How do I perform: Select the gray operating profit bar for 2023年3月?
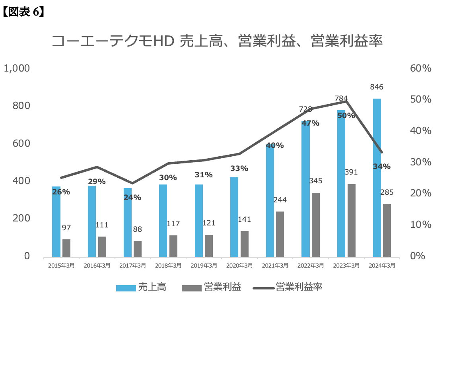pyautogui.click(x=351, y=221)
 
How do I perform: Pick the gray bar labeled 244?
pyautogui.click(x=280, y=234)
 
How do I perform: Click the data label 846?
pyautogui.click(x=376, y=87)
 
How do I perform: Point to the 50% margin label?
pyautogui.click(x=346, y=116)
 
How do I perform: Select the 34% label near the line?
pyautogui.click(x=381, y=166)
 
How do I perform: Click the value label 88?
pyautogui.click(x=138, y=229)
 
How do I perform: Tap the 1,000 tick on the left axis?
pyautogui.click(x=17, y=68)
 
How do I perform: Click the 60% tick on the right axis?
pyautogui.click(x=420, y=68)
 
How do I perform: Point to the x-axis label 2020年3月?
pyautogui.click(x=239, y=266)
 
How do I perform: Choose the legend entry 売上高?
pyautogui.click(x=152, y=287)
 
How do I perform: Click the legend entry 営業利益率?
pyautogui.click(x=299, y=287)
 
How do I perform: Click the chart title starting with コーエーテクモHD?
pyautogui.click(x=217, y=41)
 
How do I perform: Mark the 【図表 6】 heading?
pyautogui.click(x=23, y=12)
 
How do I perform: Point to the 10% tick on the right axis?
pyautogui.click(x=420, y=225)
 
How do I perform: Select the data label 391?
pyautogui.click(x=351, y=172)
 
